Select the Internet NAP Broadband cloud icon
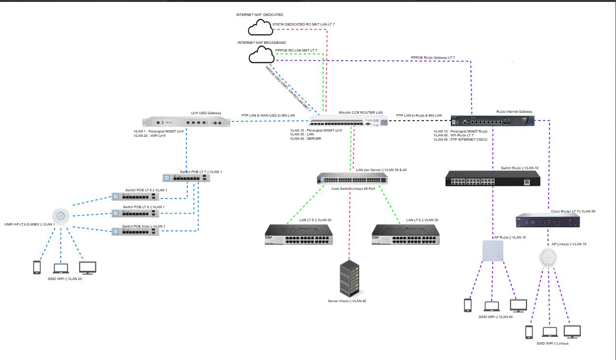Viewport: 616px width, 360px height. click(261, 55)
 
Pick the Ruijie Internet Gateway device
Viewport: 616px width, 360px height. click(493, 121)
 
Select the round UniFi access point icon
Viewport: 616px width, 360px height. click(61, 215)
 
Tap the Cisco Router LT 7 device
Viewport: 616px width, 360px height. click(548, 221)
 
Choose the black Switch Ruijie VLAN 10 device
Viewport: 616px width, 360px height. click(493, 179)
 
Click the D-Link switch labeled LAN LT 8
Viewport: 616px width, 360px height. click(298, 235)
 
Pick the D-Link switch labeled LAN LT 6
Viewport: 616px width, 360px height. click(405, 235)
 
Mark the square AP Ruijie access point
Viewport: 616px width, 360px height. click(493, 252)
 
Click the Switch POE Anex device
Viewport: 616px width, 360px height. click(135, 232)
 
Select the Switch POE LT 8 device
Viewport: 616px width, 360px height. click(135, 196)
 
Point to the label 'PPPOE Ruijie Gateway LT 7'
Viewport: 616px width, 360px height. click(433, 58)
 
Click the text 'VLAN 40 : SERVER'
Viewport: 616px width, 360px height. click(305, 139)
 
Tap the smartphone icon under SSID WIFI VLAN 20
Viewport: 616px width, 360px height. click(37, 267)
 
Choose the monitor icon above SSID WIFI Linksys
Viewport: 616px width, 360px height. click(572, 332)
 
